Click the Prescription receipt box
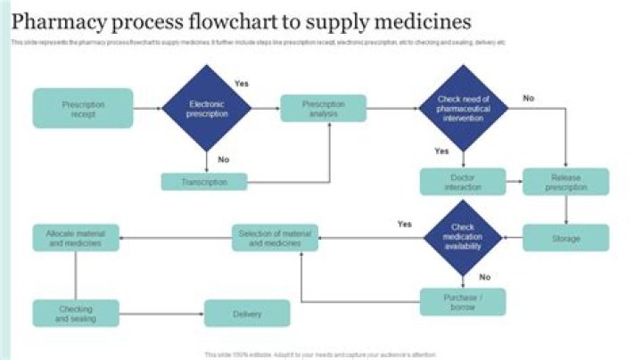[x=83, y=109]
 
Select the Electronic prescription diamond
[x=207, y=109]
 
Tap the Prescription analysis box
[x=323, y=109]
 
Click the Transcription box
[x=204, y=182]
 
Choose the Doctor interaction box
[x=463, y=182]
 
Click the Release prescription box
[x=565, y=182]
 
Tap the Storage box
[x=565, y=238]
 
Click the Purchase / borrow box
[x=463, y=301]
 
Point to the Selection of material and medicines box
[x=276, y=238]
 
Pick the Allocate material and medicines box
[x=76, y=238]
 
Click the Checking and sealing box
[x=76, y=313]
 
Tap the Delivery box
[x=247, y=313]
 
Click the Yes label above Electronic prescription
[x=241, y=83]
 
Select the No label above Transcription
[x=224, y=160]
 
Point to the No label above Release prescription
[x=529, y=98]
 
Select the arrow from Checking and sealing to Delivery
[x=161, y=313]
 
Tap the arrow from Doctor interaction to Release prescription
[x=514, y=182]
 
